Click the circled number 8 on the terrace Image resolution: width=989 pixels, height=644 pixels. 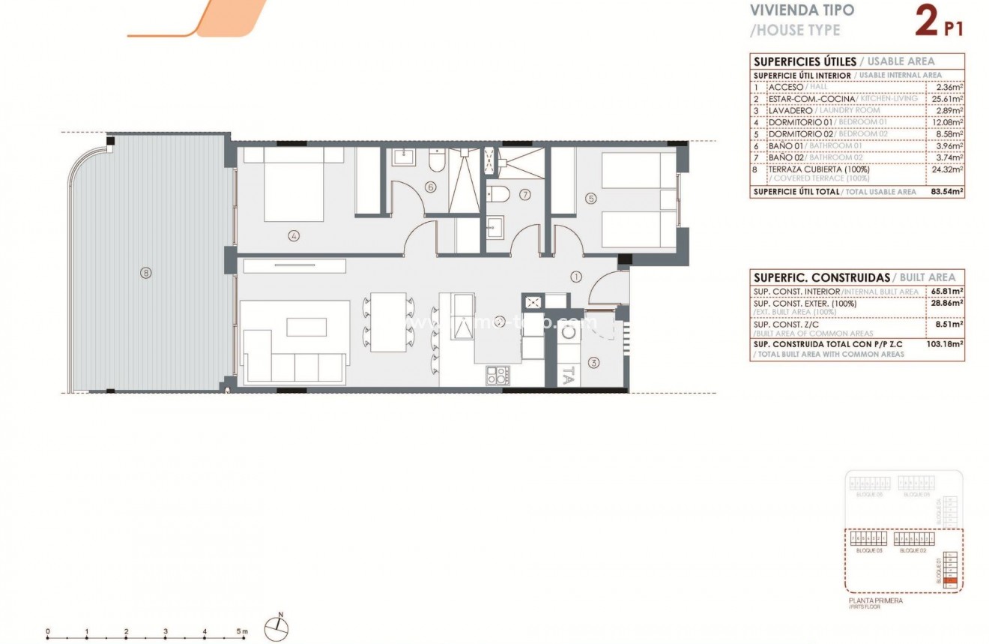pyautogui.click(x=145, y=273)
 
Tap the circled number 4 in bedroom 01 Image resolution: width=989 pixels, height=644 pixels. pyautogui.click(x=294, y=235)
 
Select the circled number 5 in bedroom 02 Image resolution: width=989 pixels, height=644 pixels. pyautogui.click(x=591, y=199)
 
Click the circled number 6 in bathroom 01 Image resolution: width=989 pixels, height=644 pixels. pyautogui.click(x=430, y=187)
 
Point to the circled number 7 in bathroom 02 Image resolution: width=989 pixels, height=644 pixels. pyautogui.click(x=524, y=195)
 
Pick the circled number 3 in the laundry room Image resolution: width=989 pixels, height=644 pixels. pyautogui.click(x=594, y=364)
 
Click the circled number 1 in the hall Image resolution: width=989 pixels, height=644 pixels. pyautogui.click(x=576, y=276)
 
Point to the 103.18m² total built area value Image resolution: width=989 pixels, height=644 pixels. pyautogui.click(x=946, y=345)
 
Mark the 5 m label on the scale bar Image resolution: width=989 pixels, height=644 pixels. pyautogui.click(x=242, y=632)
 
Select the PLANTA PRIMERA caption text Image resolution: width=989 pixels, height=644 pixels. pyautogui.click(x=875, y=601)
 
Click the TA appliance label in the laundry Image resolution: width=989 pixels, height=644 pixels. pyautogui.click(x=568, y=375)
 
